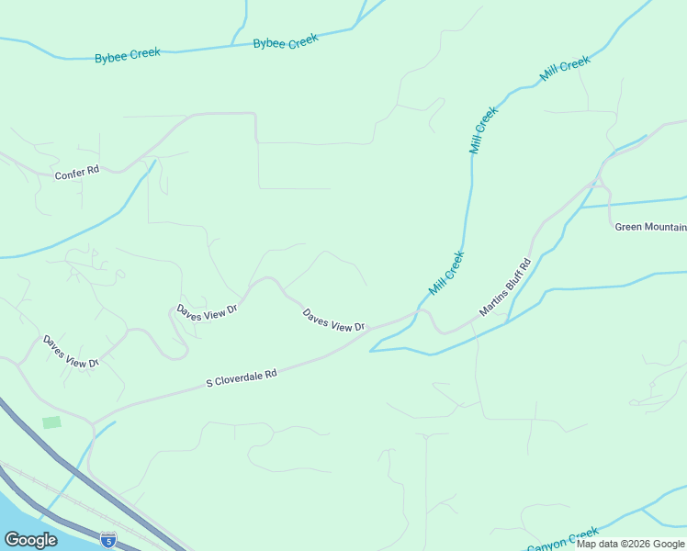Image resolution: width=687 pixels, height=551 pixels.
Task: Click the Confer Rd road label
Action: pos(76,173)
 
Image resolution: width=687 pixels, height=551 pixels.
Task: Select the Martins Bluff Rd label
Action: pos(505,287)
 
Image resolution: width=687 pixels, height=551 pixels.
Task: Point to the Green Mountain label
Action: pos(650,227)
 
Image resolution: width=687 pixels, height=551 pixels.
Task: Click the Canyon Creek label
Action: pos(562,539)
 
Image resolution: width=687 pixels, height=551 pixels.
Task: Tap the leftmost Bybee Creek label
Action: pos(127,55)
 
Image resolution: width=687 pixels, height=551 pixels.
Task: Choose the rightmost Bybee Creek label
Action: pos(286,42)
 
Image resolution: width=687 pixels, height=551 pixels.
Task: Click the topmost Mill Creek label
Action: pos(565,69)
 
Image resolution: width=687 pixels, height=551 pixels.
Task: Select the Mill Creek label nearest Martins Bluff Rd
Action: pos(447,273)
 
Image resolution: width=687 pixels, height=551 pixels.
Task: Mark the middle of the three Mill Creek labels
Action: pos(483,129)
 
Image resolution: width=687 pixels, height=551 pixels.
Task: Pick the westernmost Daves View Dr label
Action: pos(70,352)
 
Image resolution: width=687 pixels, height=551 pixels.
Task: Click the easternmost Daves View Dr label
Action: pos(334,320)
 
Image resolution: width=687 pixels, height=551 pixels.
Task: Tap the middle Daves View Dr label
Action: pos(208,309)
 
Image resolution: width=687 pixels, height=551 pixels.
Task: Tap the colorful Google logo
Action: pos(30,539)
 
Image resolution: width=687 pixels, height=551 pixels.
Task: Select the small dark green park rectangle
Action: pos(51,422)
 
